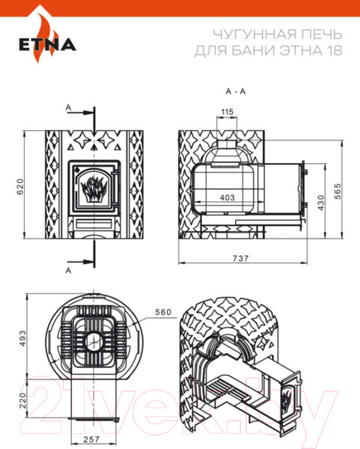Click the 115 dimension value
click(x=227, y=113)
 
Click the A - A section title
click(x=234, y=91)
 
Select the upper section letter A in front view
click(x=69, y=109)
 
